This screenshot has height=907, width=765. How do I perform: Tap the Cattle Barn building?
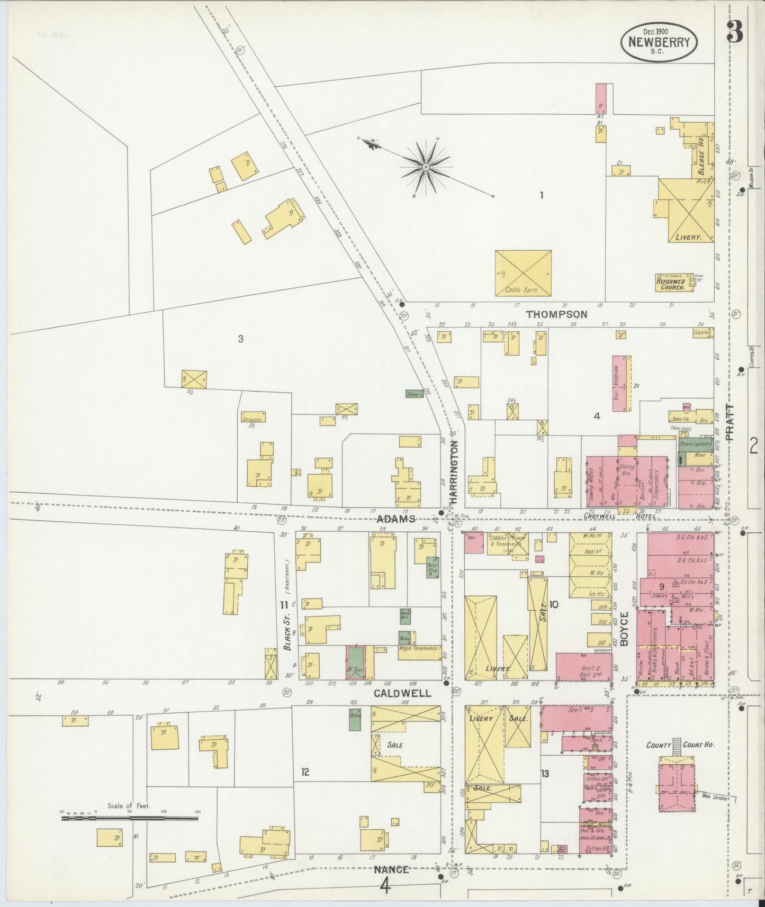point(523,273)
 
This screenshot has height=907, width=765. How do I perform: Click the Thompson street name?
point(556,314)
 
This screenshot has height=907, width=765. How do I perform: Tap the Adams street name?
point(395,519)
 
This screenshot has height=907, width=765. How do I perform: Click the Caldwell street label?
point(403,693)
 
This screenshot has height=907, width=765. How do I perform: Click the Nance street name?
point(391,869)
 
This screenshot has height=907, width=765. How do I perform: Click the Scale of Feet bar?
point(130,818)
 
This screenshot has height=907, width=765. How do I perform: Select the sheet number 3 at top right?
point(735,33)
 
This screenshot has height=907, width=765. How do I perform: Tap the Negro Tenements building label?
point(419,648)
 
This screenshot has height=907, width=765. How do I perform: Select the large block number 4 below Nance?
point(385,885)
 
